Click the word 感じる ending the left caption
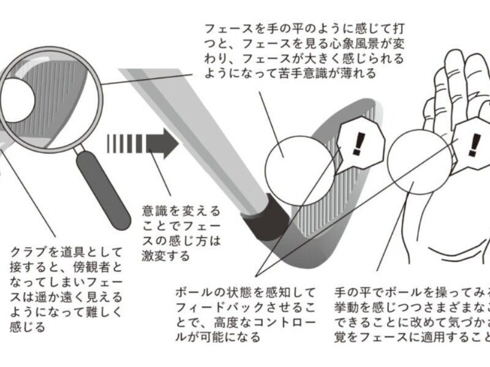click(x=29, y=327)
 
